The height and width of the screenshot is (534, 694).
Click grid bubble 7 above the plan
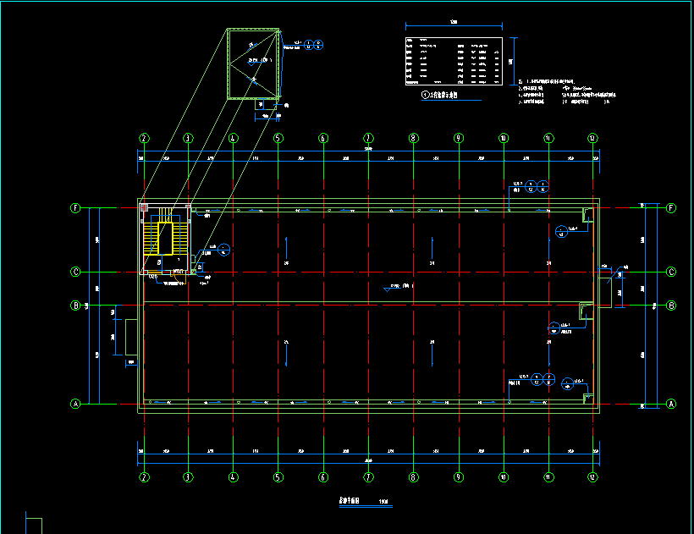pos(368,138)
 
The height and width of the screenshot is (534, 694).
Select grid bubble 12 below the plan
pos(592,477)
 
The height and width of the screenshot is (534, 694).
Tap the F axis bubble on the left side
pos(76,208)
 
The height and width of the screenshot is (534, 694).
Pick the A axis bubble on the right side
pos(672,405)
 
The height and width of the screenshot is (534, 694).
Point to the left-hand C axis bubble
pos(76,272)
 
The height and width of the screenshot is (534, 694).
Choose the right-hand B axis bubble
pos(672,305)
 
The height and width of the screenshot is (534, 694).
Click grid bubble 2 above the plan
pos(145,138)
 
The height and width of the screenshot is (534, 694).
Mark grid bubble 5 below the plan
pos(278,477)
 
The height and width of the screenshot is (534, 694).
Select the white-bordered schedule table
pos(454,60)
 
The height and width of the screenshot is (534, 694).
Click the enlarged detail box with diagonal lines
pos(253,64)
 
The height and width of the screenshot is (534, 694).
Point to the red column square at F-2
pos(145,207)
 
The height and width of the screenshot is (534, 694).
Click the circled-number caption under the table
pos(439,96)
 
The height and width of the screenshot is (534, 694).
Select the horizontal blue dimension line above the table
pos(454,25)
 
